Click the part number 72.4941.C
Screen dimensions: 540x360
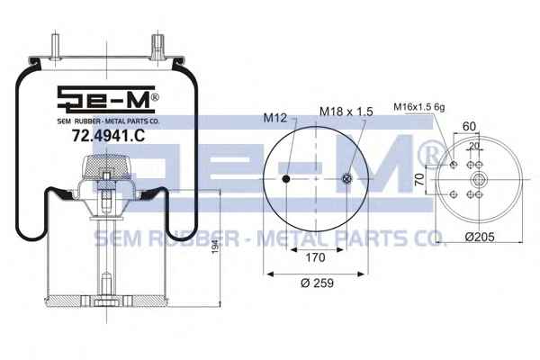108,135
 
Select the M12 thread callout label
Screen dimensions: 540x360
274,118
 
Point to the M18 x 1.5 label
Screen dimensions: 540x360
346,112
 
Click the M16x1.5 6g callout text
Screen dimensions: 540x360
419,107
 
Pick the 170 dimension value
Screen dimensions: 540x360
316,257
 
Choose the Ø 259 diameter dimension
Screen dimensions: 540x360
317,283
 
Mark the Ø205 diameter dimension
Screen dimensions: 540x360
480,237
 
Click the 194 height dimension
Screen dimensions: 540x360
215,247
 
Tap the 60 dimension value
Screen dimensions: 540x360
469,126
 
